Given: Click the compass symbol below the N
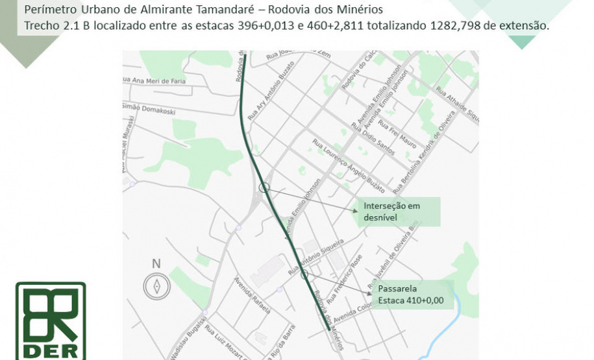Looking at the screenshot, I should pos(156,286).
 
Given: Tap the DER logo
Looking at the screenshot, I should pos(51,320).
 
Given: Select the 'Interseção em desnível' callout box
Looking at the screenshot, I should pos(397,212).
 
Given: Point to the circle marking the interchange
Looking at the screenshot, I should pos(264,187).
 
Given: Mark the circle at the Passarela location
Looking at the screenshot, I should pos(304,274).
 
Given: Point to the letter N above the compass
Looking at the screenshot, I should pos(156,263).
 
